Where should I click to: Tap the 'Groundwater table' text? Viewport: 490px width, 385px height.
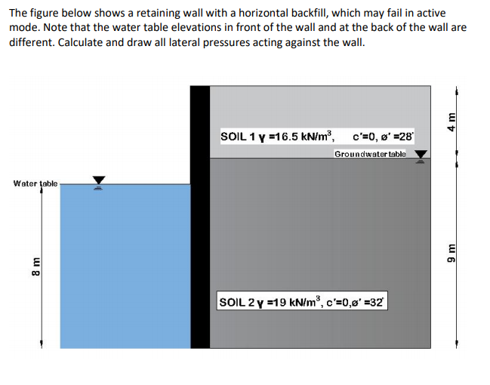(369, 154)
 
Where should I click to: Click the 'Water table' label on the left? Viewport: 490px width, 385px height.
(35, 183)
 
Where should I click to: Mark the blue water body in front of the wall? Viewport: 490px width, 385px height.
(125, 264)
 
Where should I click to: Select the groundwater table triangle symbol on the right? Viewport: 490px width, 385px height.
(420, 155)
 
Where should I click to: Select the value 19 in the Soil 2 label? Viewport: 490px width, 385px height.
(275, 303)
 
